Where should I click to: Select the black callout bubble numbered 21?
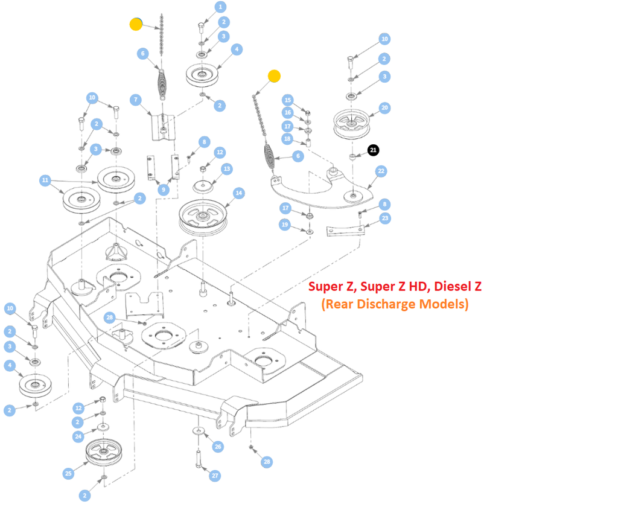point(374,149)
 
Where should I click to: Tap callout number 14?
point(239,193)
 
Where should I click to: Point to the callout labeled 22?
point(381,171)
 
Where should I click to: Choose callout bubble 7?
point(136,100)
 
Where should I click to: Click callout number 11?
point(45,180)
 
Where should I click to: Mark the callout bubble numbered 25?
point(68,474)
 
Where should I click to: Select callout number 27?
point(215,476)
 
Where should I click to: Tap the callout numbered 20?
point(384,108)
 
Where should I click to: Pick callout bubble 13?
point(226,169)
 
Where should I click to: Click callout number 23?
point(385,218)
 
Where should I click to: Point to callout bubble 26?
point(218,446)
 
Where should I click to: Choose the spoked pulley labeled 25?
point(104,453)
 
